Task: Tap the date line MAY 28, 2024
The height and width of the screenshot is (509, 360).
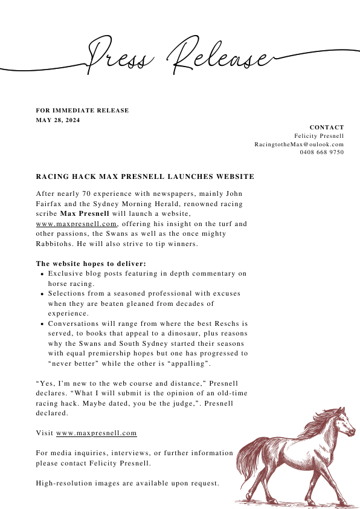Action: point(58,120)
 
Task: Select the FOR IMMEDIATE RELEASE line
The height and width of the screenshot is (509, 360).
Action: point(82,110)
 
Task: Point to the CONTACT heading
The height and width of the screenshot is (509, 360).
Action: point(327,128)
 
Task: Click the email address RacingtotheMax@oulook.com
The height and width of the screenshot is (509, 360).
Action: point(299,144)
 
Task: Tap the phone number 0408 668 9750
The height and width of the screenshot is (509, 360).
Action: point(322,152)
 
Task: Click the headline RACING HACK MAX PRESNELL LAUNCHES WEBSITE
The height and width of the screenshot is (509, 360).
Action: point(145,177)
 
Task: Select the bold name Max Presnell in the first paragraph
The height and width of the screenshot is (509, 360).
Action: point(85,213)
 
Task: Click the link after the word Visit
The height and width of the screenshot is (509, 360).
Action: point(97,433)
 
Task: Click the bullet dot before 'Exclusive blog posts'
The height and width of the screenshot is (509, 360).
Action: point(41,274)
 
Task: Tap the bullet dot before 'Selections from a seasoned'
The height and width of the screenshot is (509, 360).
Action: point(41,294)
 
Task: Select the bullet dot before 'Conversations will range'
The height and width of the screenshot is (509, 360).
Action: point(41,324)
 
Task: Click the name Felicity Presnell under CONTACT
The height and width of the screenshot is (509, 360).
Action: point(319,136)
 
